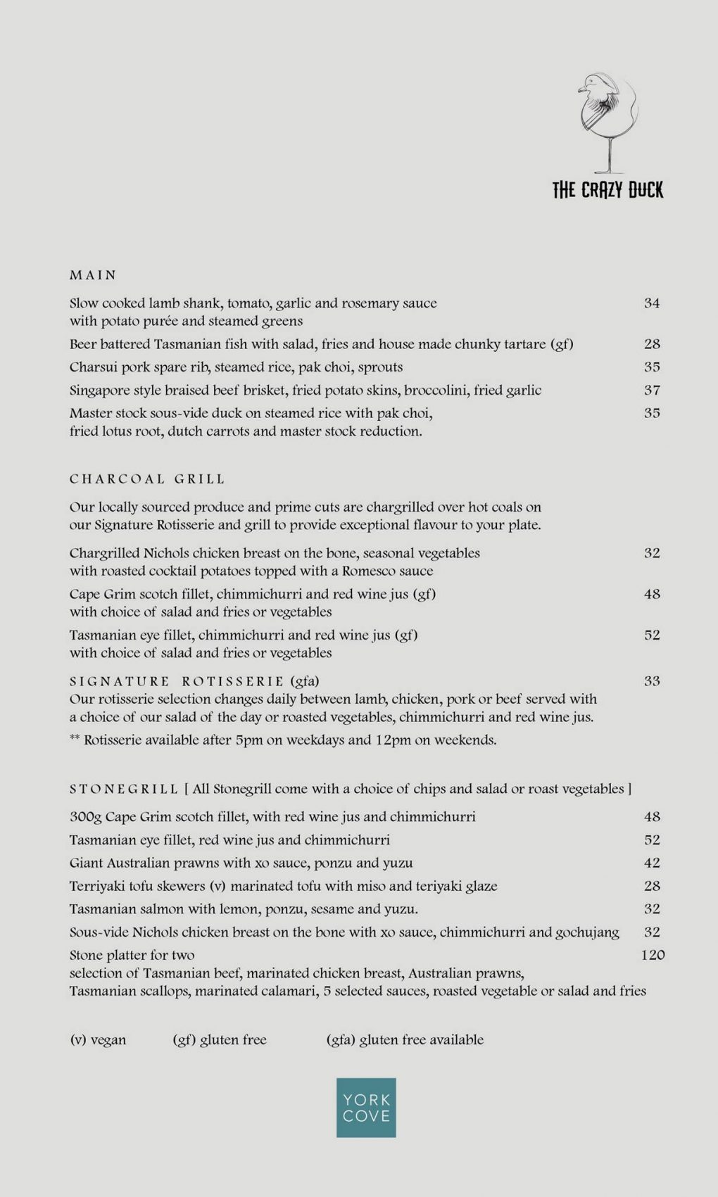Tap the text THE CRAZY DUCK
607,190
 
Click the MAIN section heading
93,275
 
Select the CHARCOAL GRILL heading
147,479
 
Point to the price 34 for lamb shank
652,303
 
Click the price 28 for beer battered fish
652,344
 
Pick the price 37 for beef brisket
652,390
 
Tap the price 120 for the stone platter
653,955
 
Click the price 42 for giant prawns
652,863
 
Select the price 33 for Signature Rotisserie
652,680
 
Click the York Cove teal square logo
366,1108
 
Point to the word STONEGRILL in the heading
124,789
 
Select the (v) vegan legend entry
98,1039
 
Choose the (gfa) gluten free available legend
405,1039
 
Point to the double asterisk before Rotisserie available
75,740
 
